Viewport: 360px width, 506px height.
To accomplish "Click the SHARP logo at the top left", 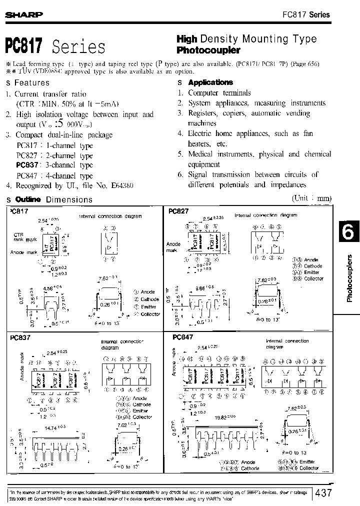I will pos(23,15).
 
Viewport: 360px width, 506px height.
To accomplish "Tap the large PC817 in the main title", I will pos(24,46).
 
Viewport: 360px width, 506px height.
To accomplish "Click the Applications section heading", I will pos(210,82).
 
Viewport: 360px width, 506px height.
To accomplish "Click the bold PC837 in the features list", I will pos(25,165).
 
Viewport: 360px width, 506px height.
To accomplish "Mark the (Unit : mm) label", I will pos(311,198).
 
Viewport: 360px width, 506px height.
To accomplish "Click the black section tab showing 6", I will pos(348,232).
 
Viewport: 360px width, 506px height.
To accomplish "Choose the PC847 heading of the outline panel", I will pos(182,337).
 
